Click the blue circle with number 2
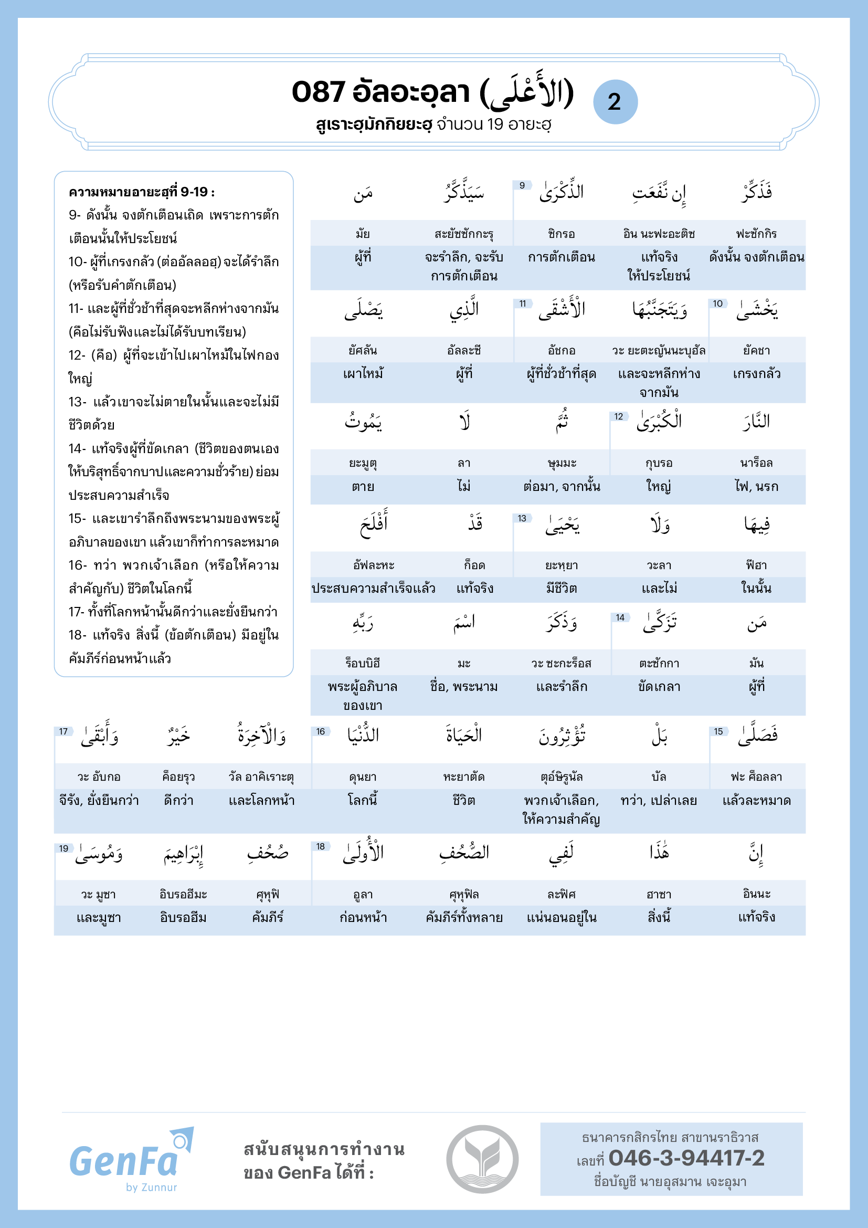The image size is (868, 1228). pyautogui.click(x=615, y=102)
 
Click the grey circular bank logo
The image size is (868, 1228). pyautogui.click(x=482, y=1159)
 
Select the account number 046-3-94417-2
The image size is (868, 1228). pyautogui.click(x=686, y=1158)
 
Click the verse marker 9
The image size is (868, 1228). pyautogui.click(x=522, y=185)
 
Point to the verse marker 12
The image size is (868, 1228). pyautogui.click(x=618, y=417)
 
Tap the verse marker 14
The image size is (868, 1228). pyautogui.click(x=620, y=618)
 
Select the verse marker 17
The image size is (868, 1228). pyautogui.click(x=63, y=732)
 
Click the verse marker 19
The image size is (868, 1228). pyautogui.click(x=63, y=848)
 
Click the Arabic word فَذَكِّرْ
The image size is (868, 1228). pyautogui.click(x=756, y=193)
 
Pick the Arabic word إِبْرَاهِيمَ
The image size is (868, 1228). pyautogui.click(x=183, y=854)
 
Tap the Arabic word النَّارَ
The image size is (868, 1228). pyautogui.click(x=756, y=422)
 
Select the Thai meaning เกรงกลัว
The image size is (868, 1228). pyautogui.click(x=756, y=374)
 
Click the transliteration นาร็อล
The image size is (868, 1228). pyautogui.click(x=756, y=463)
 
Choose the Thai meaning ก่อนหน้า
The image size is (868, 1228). pyautogui.click(x=363, y=918)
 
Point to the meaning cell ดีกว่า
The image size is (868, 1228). pyautogui.click(x=178, y=801)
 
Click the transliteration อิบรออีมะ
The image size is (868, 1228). pyautogui.click(x=183, y=894)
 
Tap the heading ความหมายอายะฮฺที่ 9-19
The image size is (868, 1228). pyautogui.click(x=142, y=192)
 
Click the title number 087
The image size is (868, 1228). pyautogui.click(x=318, y=92)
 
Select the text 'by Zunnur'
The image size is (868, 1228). pyautogui.click(x=151, y=1188)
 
